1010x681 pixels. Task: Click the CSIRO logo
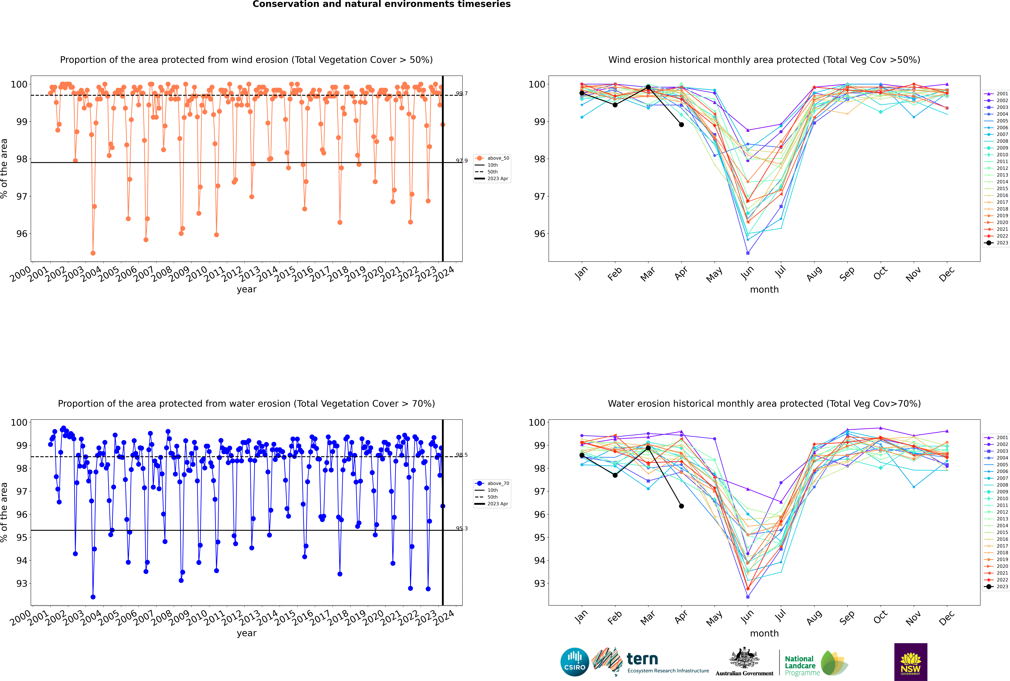coord(574,662)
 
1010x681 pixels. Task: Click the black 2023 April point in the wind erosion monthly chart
coord(681,125)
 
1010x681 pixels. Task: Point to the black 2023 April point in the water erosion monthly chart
coord(681,506)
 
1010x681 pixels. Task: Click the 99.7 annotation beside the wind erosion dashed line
coord(462,93)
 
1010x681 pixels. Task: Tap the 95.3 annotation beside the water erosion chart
coord(462,529)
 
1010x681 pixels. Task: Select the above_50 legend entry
coord(492,158)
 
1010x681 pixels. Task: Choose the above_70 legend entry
coord(492,483)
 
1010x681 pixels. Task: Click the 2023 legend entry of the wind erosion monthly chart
coord(997,243)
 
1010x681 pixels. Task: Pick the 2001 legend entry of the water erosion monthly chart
coord(997,437)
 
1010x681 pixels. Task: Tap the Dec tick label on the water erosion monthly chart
coord(947,618)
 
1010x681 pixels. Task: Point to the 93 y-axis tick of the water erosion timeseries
coord(22,583)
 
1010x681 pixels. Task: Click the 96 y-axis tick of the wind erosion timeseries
coord(22,234)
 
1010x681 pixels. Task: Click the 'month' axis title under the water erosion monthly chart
coord(764,633)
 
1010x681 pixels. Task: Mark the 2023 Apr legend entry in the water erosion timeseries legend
coord(492,504)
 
